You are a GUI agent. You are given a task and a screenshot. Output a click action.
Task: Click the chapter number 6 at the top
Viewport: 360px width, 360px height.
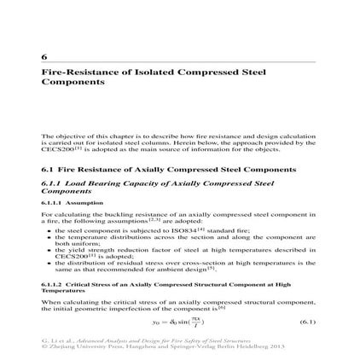44,57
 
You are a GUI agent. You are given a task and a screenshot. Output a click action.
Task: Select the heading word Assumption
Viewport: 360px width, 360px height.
75,202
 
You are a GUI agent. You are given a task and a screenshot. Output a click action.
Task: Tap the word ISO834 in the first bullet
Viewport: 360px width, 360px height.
202,229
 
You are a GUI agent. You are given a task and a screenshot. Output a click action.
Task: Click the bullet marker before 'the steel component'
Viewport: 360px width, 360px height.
50,229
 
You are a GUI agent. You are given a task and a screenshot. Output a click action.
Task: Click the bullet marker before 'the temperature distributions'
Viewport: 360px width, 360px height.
50,235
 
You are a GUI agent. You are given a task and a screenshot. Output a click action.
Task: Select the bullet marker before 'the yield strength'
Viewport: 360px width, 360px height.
50,249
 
